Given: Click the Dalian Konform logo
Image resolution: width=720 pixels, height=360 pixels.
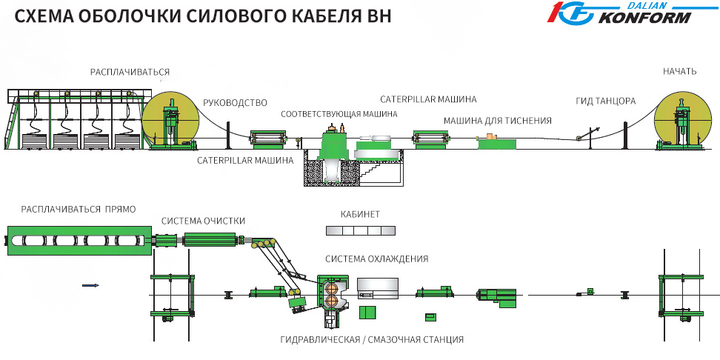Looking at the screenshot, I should point(621,13).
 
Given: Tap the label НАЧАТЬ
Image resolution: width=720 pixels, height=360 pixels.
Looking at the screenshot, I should point(679,71).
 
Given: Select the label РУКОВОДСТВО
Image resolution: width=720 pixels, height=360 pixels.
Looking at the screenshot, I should point(235,103).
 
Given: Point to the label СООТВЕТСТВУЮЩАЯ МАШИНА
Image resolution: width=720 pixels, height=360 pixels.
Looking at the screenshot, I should point(339,114).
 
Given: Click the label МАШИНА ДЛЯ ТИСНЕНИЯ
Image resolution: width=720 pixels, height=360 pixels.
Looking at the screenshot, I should point(497,121).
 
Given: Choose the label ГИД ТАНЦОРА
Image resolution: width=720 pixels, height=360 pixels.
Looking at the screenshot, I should point(605,101).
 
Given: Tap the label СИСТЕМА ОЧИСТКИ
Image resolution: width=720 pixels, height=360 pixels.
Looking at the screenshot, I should point(203,221).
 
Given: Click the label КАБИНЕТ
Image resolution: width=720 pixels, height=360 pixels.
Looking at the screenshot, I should point(360,214).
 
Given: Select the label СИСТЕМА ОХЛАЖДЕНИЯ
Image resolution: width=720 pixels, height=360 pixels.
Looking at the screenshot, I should point(376,259).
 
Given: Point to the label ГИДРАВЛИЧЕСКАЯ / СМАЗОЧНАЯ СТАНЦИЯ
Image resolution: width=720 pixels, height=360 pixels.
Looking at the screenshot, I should point(372,339).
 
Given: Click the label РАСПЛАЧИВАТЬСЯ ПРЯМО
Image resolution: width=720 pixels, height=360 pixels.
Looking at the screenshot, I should point(79,210).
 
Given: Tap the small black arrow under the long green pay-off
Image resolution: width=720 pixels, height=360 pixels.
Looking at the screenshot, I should point(90,285).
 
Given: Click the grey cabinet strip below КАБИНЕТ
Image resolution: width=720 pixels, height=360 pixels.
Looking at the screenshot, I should point(356,230).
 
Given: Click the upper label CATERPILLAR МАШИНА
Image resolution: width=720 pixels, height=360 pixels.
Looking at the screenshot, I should point(428,99).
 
